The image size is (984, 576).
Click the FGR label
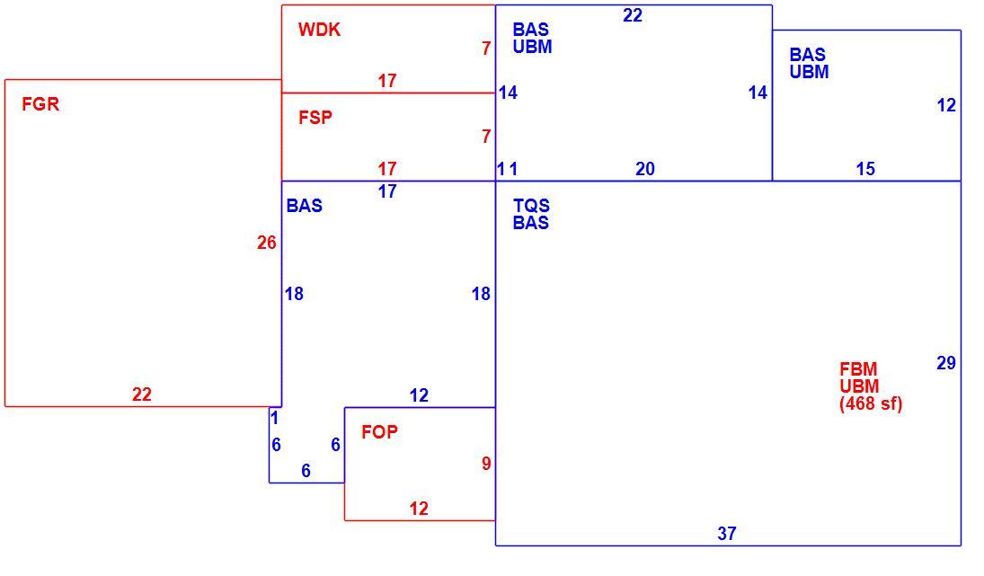coord(40,104)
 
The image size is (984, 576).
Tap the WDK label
coord(319,30)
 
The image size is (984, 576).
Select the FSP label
coord(315,118)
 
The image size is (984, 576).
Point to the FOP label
coord(379,431)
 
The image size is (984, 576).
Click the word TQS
coord(531,205)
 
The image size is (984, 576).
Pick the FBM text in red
coord(858,369)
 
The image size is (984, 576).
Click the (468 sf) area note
coord(871,403)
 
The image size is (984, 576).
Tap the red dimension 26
coord(267,243)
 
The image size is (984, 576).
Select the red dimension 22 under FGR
coord(142,394)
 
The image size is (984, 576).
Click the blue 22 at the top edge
coord(633,15)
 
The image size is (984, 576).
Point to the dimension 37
coord(727,534)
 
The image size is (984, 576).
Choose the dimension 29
coord(946,363)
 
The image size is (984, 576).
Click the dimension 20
coord(645,169)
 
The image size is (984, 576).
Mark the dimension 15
coord(865,169)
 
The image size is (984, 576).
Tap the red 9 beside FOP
coord(486,464)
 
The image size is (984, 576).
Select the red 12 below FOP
coord(419,509)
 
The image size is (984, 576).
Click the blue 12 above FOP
coord(419,395)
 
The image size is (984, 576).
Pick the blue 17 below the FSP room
coord(387,191)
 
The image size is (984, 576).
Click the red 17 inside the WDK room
coord(387,81)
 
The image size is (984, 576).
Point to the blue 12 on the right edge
coord(946,105)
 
